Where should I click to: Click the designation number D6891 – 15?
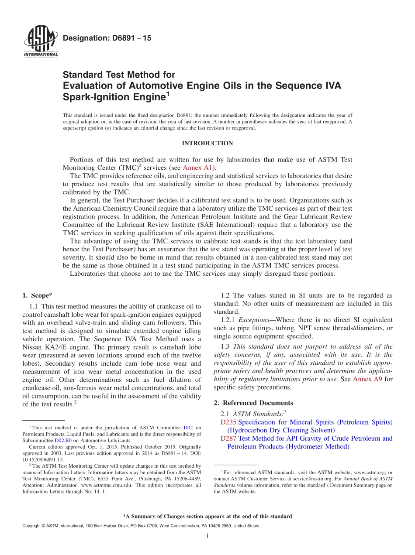pos(107,38)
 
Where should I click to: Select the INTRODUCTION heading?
pos(207,143)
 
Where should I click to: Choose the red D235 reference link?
pos(228,422)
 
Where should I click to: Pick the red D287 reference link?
pos(228,439)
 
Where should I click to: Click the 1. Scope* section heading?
pos(38,295)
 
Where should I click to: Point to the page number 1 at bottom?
pos(207,536)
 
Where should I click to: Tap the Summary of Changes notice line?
pos(207,516)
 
